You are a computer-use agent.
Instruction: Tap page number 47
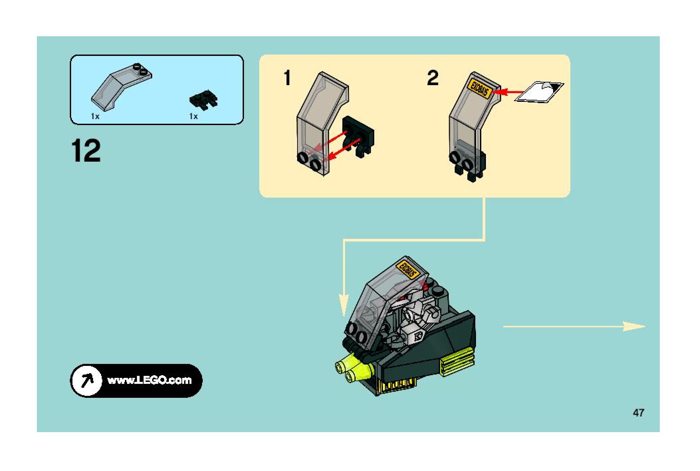[638, 413]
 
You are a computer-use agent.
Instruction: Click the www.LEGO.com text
[149, 380]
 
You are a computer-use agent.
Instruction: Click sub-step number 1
[287, 78]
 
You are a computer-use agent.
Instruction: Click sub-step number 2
[432, 78]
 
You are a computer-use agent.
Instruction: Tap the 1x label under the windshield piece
[95, 116]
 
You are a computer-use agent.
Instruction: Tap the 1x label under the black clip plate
[193, 116]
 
